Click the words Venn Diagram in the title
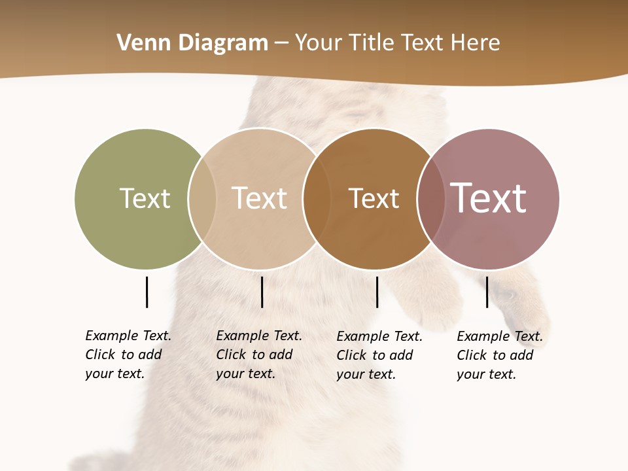pos(192,43)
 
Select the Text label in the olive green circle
pos(145,198)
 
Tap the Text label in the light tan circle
pos(260,198)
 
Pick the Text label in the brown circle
pos(374,198)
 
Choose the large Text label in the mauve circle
pos(489,198)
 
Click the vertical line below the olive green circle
pos(147,292)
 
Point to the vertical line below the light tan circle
pos(262,292)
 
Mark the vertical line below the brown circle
pos(377,292)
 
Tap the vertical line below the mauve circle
pos(487,292)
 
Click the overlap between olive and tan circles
pos(202,198)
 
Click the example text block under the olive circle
pos(128,355)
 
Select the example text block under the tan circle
pos(258,355)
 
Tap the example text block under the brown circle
pos(379,355)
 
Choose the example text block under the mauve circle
pos(499,355)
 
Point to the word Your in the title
pos(318,43)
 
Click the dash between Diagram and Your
pos(281,43)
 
